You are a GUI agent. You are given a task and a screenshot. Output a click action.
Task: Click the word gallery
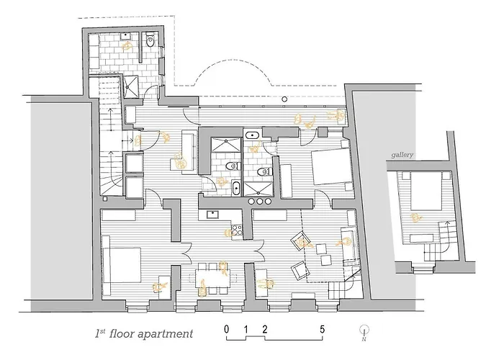click(402, 155)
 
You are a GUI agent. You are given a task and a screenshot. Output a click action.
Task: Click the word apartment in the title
click(165, 334)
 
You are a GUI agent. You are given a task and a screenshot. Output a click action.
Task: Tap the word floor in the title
click(122, 333)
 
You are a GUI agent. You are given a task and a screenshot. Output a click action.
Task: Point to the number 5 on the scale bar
click(322, 329)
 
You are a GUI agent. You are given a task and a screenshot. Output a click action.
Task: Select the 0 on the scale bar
click(227, 329)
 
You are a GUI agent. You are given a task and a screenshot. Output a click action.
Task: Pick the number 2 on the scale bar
click(265, 329)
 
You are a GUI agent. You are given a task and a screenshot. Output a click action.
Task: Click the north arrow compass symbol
click(364, 333)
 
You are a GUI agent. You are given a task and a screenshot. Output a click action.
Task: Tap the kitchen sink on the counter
click(213, 215)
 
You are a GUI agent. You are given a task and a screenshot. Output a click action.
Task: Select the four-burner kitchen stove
click(237, 231)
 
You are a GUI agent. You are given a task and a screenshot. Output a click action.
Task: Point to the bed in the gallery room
click(423, 190)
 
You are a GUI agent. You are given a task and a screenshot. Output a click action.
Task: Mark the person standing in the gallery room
click(416, 218)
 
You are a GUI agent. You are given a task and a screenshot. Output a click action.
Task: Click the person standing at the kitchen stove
click(228, 233)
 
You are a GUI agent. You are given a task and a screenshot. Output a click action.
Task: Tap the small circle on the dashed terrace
click(284, 99)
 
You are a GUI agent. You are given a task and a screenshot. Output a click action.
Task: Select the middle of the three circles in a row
click(260, 201)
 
